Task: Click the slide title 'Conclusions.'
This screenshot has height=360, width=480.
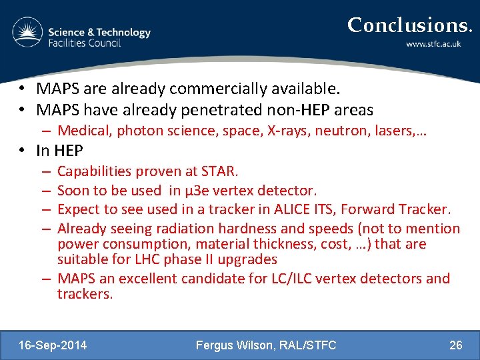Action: pos(409,25)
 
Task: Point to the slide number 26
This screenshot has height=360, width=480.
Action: pos(455,345)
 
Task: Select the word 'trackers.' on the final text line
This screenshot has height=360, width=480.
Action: pos(85,294)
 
